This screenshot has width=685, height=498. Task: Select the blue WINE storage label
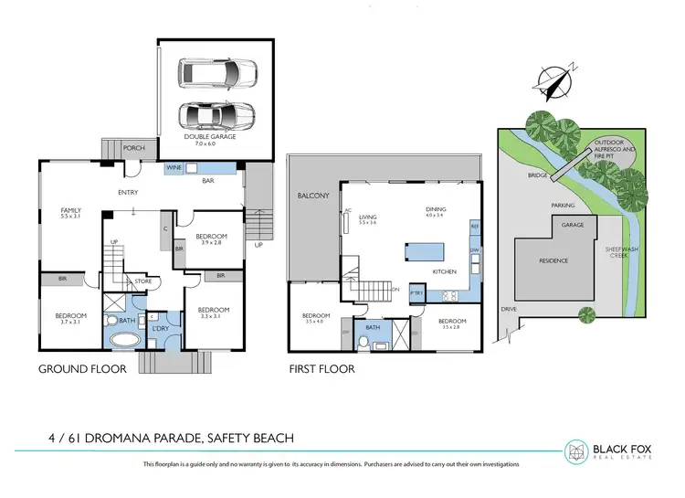point(173,168)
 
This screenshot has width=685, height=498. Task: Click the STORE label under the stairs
point(142,281)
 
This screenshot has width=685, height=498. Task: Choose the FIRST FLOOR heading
point(321,370)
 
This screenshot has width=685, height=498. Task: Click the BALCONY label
point(312,196)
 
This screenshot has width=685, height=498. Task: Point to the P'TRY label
point(416,291)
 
